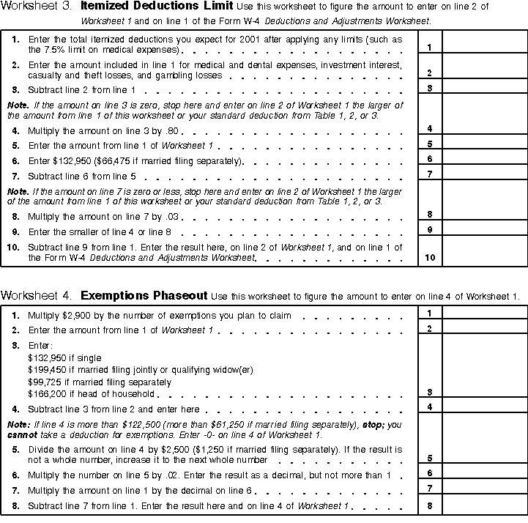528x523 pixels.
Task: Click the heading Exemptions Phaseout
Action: click(144, 296)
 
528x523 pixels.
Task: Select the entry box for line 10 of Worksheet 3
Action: click(484, 251)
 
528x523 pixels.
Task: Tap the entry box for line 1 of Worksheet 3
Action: click(484, 43)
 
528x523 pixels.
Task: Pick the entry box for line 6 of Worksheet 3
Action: click(484, 158)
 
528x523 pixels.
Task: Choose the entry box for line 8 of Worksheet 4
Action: click(484, 505)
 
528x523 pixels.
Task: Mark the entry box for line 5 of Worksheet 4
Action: click(484, 448)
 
